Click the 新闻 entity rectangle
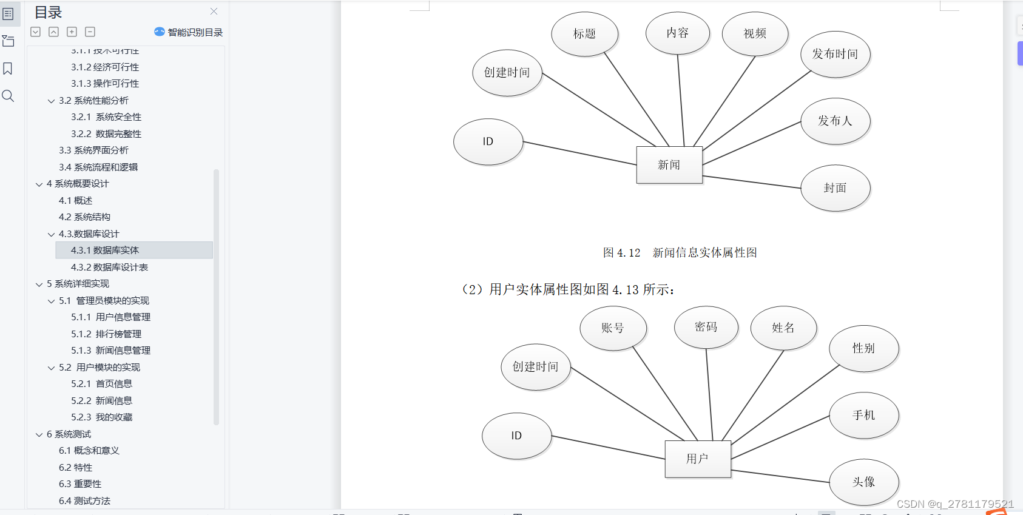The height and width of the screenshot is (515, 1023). [x=669, y=164]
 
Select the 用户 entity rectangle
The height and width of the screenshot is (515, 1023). [x=697, y=459]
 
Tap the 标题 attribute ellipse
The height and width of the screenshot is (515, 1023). [x=584, y=34]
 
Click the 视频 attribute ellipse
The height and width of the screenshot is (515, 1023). [x=755, y=34]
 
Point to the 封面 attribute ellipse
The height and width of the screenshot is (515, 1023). [x=835, y=188]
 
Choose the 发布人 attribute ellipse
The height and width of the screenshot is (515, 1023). [x=835, y=121]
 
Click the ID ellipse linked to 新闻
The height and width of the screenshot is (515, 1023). [x=488, y=141]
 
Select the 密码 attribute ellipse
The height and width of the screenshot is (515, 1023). [x=706, y=328]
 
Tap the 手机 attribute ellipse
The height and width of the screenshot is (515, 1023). [x=863, y=415]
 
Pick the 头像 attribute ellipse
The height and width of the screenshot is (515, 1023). [x=863, y=482]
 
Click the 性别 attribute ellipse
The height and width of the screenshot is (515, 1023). [x=863, y=348]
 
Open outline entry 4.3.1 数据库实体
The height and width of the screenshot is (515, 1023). [x=105, y=250]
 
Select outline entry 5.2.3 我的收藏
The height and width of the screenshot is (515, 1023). [x=101, y=417]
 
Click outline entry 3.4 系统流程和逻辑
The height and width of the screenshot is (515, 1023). [x=98, y=167]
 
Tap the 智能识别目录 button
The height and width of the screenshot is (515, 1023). [x=189, y=32]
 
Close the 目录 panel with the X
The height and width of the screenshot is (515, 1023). [x=214, y=11]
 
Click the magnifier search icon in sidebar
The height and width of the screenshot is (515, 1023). [x=8, y=96]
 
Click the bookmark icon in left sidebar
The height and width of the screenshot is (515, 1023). [x=8, y=69]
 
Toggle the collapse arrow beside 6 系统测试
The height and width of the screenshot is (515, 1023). [x=39, y=434]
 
